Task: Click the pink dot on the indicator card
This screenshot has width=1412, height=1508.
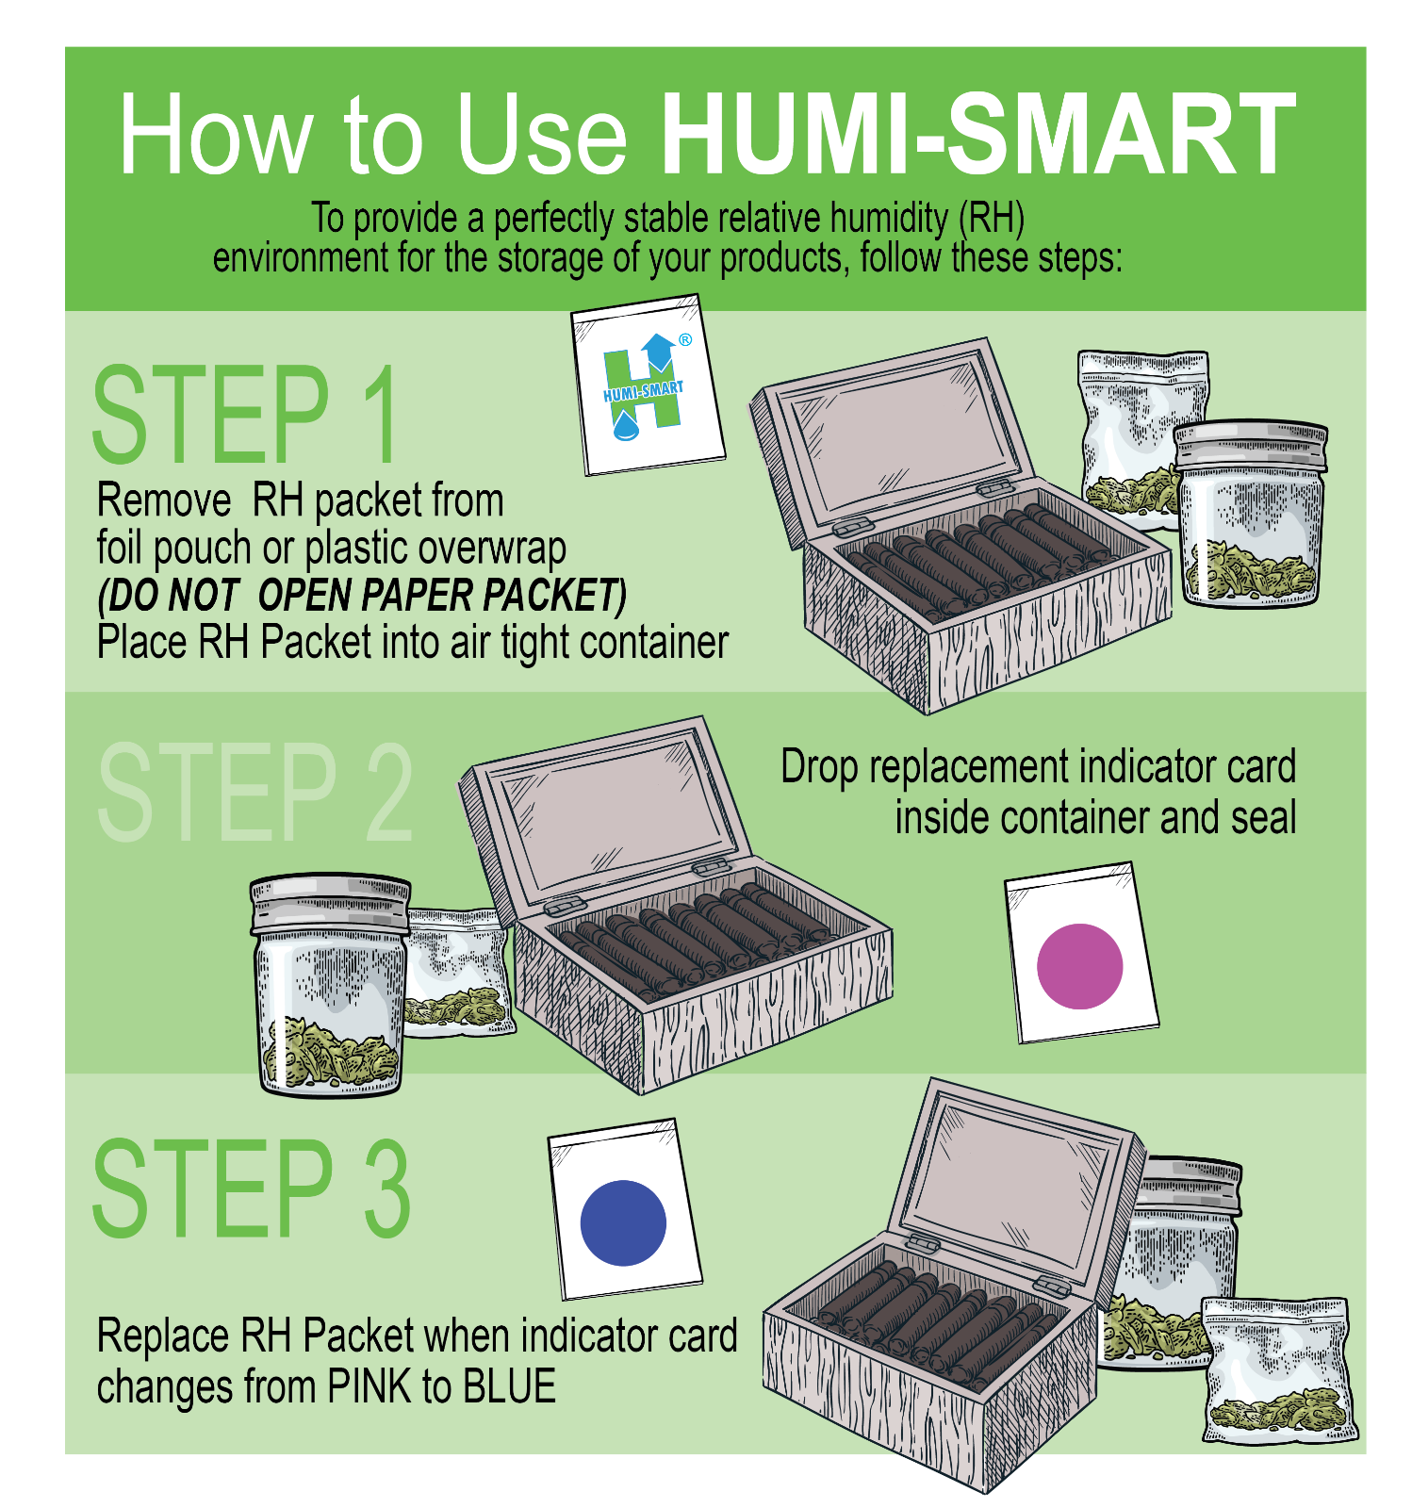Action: click(1079, 966)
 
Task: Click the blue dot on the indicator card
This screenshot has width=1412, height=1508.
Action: click(623, 1222)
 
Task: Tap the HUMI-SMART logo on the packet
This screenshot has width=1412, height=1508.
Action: click(644, 391)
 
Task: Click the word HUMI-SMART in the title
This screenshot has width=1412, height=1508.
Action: click(977, 135)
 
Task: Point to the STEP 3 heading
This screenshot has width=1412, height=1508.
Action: click(251, 1189)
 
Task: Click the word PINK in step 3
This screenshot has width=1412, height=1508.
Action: click(369, 1386)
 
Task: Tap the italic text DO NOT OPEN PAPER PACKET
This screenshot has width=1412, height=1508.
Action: click(362, 596)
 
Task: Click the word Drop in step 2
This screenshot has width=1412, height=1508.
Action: click(818, 767)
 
